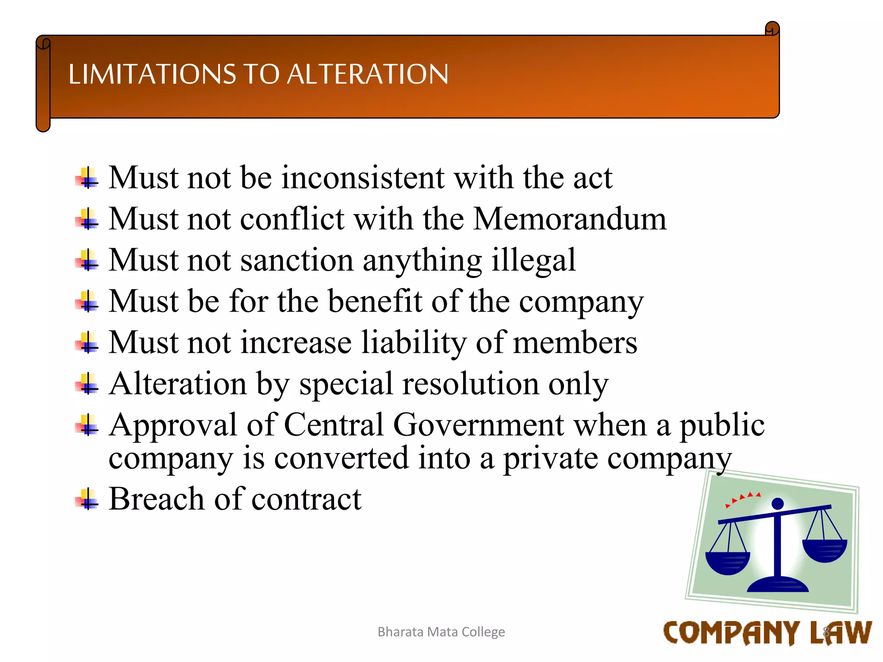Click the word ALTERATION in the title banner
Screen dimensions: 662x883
[367, 74]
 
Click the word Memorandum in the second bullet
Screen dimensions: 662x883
[570, 219]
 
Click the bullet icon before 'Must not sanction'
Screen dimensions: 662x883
[88, 260]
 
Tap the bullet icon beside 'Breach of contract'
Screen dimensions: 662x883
[88, 499]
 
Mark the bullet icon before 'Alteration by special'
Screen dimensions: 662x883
[88, 384]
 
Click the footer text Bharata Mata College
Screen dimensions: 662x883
[441, 632]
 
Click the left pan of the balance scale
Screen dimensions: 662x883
[727, 562]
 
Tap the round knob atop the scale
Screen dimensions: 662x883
[777, 503]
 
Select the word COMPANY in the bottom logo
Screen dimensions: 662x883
[731, 633]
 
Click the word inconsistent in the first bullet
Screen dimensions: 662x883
[363, 178]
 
